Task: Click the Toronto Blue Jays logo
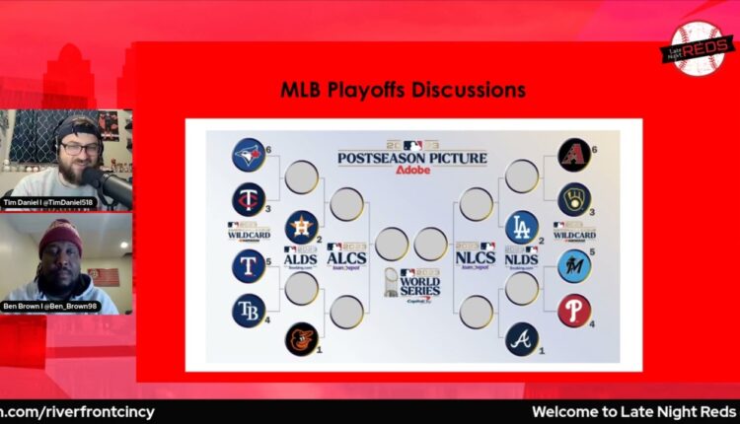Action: (249, 155)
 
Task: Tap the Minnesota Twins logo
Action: (249, 200)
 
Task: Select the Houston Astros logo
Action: (302, 227)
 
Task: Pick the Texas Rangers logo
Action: (249, 265)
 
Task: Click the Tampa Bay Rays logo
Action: (249, 311)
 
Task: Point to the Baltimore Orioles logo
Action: (302, 338)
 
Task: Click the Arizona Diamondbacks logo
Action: (574, 154)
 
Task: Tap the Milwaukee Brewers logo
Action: (574, 199)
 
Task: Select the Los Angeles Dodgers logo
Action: (522, 227)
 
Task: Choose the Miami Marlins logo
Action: (574, 265)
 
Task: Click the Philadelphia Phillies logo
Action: (574, 311)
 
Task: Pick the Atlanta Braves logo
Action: (522, 338)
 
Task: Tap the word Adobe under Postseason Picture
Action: (411, 170)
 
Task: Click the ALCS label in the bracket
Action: (346, 258)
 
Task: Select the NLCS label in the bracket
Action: (476, 258)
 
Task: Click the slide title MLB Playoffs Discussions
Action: (403, 91)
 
